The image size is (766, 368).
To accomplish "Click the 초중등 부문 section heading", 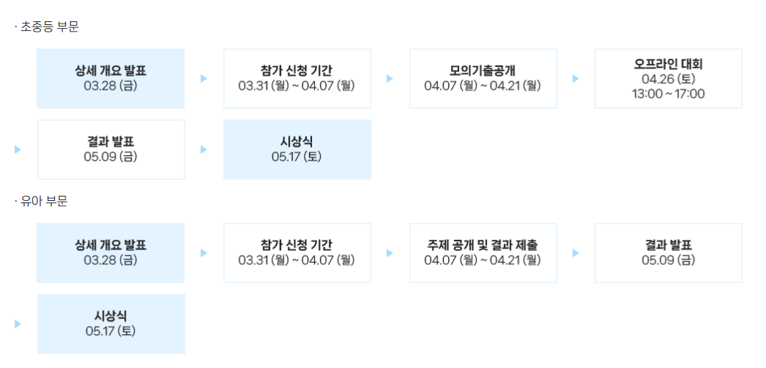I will (49, 27).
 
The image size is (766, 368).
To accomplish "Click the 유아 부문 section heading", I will (43, 202).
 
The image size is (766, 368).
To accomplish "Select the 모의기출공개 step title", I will (483, 71).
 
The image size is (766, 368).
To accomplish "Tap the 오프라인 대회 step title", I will (668, 64).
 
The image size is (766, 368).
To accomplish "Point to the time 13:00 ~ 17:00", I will (668, 93).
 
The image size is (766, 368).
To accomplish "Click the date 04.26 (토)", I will (668, 79).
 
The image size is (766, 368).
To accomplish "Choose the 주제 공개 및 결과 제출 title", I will (483, 245).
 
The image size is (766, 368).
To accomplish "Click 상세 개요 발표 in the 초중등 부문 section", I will (110, 71).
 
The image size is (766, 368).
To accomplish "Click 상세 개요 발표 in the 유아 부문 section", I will (110, 245).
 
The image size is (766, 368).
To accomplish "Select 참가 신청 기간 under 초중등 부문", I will (297, 71).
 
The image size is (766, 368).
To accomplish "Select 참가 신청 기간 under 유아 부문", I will (297, 245).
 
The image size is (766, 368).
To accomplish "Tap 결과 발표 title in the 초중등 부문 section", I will (110, 142).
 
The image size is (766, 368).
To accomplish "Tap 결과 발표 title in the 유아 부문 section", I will (668, 245).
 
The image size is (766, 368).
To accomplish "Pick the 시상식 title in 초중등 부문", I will (297, 142).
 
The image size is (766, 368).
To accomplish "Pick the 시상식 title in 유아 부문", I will (110, 316).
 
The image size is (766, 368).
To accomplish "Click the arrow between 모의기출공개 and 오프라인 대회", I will (575, 79).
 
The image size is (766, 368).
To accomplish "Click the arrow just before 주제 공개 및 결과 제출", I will (390, 252).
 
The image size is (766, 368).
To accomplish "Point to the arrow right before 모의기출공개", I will (390, 79).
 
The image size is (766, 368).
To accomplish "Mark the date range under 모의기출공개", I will (483, 86).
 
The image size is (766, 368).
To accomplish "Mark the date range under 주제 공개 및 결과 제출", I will (483, 260).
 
